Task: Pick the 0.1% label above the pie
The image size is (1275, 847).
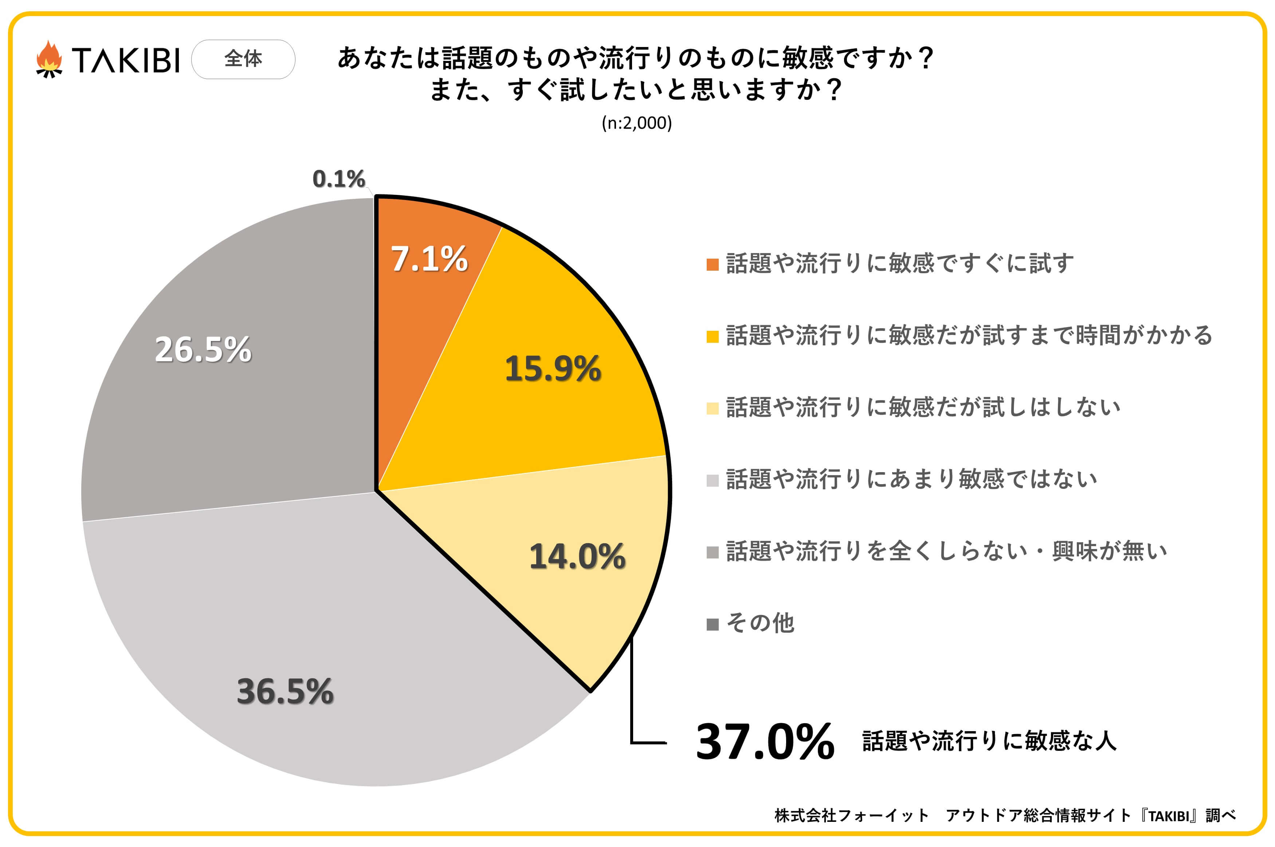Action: click(x=338, y=179)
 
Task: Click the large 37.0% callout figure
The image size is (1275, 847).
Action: click(x=765, y=742)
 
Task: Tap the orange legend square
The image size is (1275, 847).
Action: click(x=712, y=265)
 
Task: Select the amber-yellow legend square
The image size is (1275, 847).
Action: click(x=712, y=337)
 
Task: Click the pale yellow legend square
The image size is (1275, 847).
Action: click(x=712, y=408)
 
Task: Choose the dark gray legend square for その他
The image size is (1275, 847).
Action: click(x=712, y=624)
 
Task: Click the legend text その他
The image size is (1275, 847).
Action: click(x=760, y=623)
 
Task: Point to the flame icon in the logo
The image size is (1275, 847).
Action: click(x=49, y=59)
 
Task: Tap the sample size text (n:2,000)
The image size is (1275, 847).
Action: click(x=637, y=123)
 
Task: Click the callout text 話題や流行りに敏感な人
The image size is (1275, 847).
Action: click(x=989, y=741)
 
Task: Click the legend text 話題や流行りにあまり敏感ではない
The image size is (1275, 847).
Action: click(x=911, y=479)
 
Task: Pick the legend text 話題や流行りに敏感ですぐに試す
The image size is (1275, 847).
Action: click(x=900, y=264)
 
